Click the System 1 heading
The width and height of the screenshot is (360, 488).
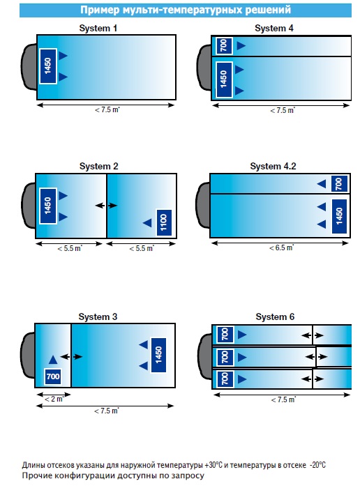[x=98, y=29]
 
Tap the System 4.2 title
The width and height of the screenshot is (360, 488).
[x=273, y=166]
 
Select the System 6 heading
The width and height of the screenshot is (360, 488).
[x=275, y=317]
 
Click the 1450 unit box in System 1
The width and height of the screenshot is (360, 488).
[x=48, y=66]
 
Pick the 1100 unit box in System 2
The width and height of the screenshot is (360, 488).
[x=164, y=222]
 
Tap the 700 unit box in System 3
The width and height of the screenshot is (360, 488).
[x=53, y=376]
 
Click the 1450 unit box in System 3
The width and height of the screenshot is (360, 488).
[x=158, y=355]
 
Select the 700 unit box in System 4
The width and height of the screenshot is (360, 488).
[x=224, y=46]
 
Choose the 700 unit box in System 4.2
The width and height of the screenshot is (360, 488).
[x=339, y=184]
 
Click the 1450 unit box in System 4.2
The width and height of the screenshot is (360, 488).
[x=339, y=216]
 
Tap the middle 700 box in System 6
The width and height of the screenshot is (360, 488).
[x=225, y=357]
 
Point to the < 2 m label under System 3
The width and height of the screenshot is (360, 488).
[x=54, y=399]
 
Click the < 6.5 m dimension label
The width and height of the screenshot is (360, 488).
[x=282, y=247]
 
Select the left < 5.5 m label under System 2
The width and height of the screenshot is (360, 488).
[x=70, y=248]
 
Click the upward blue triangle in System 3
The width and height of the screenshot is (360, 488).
[x=53, y=360]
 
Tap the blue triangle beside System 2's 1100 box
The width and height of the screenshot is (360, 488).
[x=147, y=222]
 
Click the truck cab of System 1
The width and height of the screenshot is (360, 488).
[x=29, y=67]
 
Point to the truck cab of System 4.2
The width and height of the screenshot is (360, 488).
[x=203, y=206]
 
